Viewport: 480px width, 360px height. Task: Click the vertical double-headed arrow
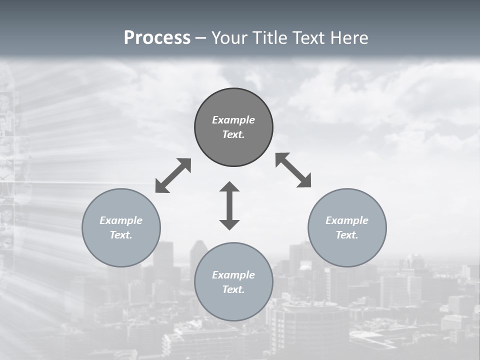229,205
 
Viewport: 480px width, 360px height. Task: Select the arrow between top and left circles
173,175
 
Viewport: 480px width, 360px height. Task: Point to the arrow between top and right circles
293,170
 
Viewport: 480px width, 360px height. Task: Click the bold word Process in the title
157,38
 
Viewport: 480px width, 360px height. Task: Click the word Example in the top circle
233,120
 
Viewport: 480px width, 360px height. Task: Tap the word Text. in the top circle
233,134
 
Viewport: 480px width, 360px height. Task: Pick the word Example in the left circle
121,220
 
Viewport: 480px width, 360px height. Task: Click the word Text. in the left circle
121,235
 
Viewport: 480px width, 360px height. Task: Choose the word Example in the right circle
347,220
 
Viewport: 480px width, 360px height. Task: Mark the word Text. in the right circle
347,235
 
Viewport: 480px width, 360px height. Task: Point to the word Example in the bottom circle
233,275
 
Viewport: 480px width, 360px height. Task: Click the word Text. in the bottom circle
233,289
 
